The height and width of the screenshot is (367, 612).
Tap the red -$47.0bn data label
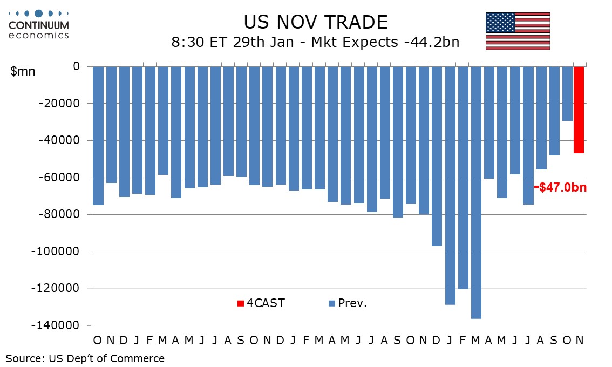560,187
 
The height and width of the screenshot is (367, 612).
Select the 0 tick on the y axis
76,66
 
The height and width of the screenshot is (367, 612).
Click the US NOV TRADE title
316,22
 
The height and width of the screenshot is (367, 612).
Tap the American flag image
518,31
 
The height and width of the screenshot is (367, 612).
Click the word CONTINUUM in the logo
38,25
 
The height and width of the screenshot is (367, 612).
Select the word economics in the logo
38,35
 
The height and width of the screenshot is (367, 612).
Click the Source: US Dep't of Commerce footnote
85,358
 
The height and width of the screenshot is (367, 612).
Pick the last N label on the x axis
579,340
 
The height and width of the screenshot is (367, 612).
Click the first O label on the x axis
97,340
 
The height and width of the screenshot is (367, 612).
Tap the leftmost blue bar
98,135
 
